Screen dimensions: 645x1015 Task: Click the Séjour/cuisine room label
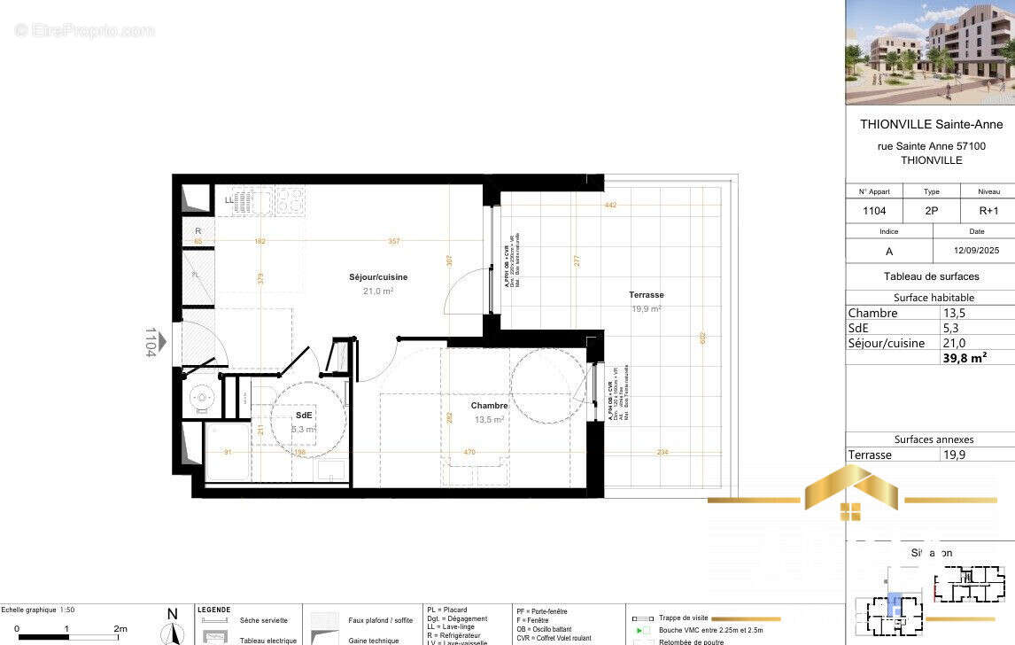[x=378, y=277]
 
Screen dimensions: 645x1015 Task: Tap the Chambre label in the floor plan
[x=489, y=406]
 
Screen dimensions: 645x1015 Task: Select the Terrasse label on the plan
[x=647, y=295]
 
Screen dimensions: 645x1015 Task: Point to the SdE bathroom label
[x=305, y=415]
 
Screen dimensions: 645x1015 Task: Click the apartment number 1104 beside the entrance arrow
[x=151, y=341]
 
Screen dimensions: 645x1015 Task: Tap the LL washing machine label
[x=229, y=200]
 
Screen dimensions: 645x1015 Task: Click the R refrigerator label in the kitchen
[x=198, y=230]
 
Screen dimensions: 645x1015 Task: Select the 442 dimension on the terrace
[x=610, y=206]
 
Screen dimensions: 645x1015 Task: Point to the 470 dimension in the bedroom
[x=469, y=453]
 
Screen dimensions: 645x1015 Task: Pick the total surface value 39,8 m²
[x=965, y=358]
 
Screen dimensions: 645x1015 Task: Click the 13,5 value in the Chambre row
[x=955, y=313]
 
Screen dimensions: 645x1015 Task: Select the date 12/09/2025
[x=973, y=252]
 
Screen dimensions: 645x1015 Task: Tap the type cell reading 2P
[x=932, y=212]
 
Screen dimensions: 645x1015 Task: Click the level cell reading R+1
[x=988, y=212]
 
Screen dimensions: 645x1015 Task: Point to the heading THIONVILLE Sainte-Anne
[x=931, y=124]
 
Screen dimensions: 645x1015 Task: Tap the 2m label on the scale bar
[x=120, y=628]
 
